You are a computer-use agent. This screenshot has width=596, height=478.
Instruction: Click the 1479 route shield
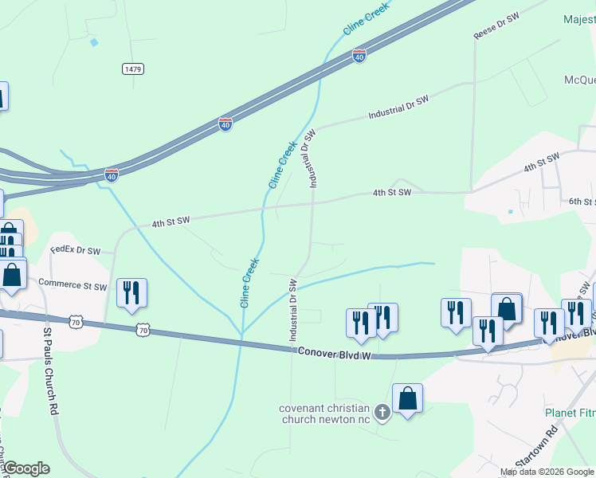pos(133,69)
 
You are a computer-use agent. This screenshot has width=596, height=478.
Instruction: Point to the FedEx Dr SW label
pos(75,250)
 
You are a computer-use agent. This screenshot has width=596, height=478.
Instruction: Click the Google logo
pos(25,468)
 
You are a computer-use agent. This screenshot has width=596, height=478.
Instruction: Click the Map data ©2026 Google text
pos(547,472)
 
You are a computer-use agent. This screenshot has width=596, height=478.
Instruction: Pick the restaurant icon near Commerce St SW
pos(131,292)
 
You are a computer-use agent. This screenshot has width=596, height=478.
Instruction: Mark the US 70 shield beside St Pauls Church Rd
pos(75,321)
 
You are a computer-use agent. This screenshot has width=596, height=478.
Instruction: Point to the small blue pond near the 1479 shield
pos(96,42)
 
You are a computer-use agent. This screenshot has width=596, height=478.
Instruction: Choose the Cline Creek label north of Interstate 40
pos(365,18)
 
